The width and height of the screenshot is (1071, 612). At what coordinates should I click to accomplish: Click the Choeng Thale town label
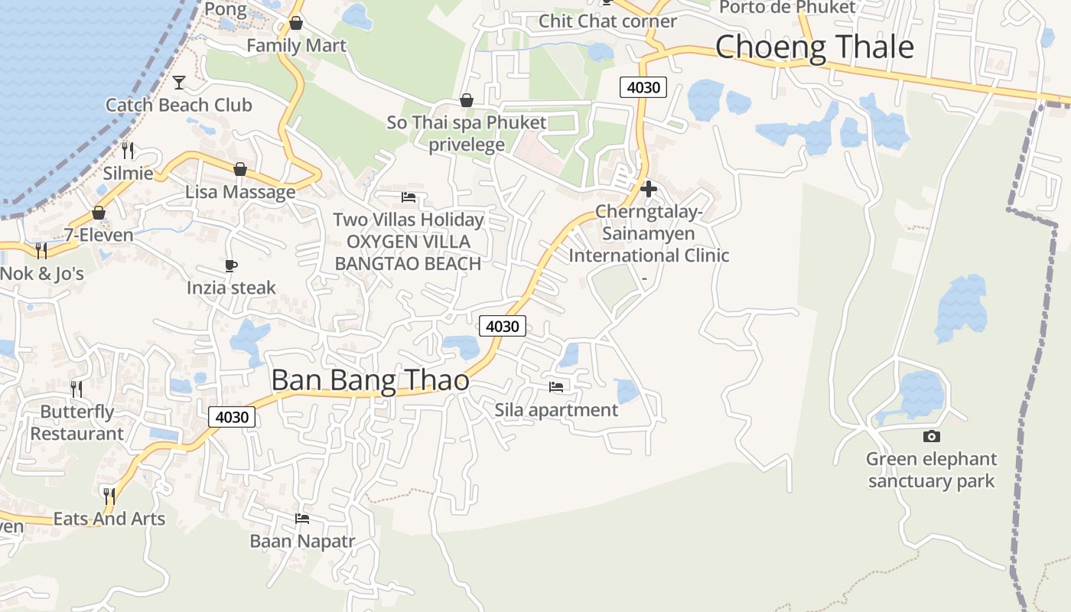click(x=814, y=47)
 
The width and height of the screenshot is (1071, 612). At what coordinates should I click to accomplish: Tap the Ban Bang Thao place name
click(x=370, y=380)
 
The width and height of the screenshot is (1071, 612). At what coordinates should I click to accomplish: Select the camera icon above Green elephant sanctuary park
click(x=931, y=436)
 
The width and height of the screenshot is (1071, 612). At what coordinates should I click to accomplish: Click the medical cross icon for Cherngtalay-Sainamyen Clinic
click(x=649, y=189)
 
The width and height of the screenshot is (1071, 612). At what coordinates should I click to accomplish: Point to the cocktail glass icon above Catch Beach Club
click(x=179, y=82)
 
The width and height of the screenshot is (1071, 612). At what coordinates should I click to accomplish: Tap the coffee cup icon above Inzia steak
click(x=231, y=265)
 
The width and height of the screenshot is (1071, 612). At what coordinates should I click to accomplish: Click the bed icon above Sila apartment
click(x=556, y=387)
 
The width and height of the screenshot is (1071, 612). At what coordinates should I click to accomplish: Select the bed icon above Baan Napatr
click(x=302, y=519)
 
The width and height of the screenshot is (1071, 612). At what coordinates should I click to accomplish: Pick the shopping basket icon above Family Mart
click(x=296, y=23)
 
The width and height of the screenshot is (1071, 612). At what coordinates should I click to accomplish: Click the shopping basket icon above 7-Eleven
click(x=99, y=213)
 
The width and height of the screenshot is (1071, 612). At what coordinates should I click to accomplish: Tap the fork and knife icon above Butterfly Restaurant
click(x=76, y=389)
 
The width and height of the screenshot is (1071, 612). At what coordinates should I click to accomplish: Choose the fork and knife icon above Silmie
click(x=128, y=151)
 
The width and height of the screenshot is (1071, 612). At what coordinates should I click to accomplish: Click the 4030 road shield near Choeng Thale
click(x=643, y=87)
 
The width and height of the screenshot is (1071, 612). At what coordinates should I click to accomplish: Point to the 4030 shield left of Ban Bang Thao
click(x=232, y=417)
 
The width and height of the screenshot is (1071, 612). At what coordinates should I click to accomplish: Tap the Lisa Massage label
click(x=240, y=191)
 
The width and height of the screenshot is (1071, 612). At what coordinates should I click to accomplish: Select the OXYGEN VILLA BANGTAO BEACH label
click(x=408, y=252)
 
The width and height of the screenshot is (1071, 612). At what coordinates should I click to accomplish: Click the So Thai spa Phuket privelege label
click(x=467, y=133)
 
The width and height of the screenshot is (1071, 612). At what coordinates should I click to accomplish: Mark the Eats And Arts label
click(x=109, y=519)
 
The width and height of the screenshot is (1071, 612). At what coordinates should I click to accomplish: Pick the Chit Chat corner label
click(x=607, y=21)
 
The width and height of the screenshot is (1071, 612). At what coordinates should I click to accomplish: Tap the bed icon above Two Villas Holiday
click(x=409, y=197)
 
